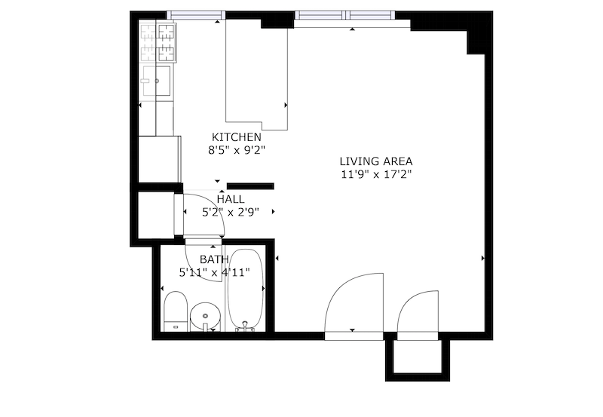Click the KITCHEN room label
click(236, 137)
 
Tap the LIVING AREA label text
click(375, 161)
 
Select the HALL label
click(231, 199)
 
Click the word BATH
click(214, 259)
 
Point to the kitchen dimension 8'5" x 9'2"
click(237, 150)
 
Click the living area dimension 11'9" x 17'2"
click(376, 174)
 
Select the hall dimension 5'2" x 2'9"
click(231, 212)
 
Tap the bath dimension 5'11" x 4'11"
click(215, 272)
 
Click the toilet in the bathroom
click(176, 311)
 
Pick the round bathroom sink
click(205, 317)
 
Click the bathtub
click(246, 290)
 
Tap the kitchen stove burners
click(158, 43)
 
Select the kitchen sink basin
click(157, 81)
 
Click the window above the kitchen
click(196, 15)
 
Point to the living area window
click(345, 15)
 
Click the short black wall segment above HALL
click(250, 186)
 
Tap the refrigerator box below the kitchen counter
click(159, 159)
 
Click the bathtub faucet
click(245, 327)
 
